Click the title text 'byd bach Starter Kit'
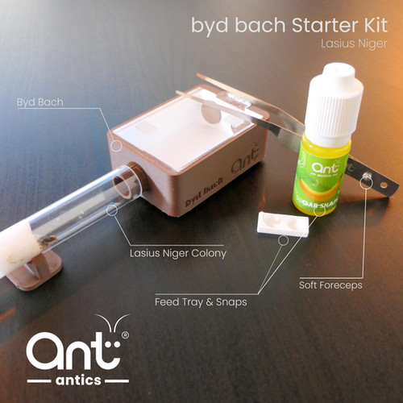coord(289,26)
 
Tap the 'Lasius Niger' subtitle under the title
coord(354,44)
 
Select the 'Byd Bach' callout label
coord(40,102)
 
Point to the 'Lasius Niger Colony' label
coord(178,253)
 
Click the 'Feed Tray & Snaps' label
coord(201,302)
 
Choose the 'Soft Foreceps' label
coord(330,285)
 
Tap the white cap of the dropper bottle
coord(334,103)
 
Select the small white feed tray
coord(283,224)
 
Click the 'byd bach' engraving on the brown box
coord(205,192)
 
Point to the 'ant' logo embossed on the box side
coord(245,160)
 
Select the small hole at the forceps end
coord(384,185)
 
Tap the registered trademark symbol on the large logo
coord(125,335)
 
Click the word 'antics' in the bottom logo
coord(78,380)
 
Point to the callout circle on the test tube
coord(112,210)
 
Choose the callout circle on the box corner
coord(116,145)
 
